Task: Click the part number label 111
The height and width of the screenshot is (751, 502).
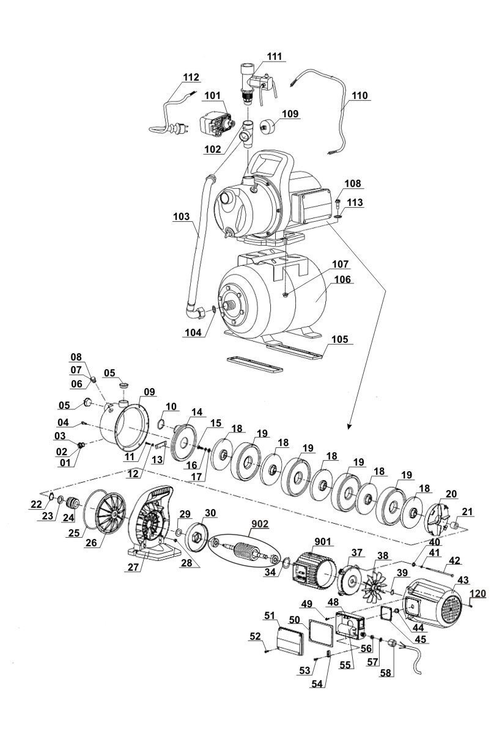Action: coord(275,56)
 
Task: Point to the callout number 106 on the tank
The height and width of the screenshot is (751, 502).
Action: coord(342,279)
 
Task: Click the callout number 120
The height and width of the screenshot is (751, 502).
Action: coord(478,593)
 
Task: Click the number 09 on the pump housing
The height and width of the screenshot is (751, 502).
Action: coord(150,392)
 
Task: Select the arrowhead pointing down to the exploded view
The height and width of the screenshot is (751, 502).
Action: coord(350,427)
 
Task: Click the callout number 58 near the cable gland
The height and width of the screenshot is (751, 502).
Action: coord(386,673)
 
